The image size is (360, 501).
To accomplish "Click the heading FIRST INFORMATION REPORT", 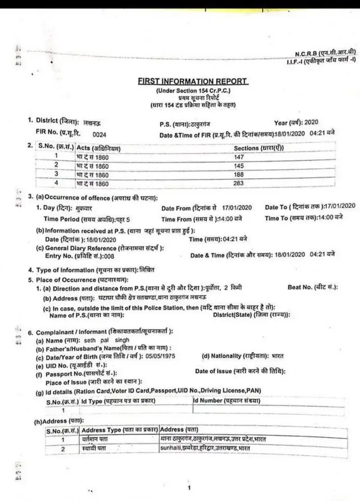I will (x=193, y=81).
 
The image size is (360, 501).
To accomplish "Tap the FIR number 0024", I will (x=99, y=135).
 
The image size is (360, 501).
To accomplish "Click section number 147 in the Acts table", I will (x=238, y=156).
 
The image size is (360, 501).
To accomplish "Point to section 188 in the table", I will (x=238, y=175).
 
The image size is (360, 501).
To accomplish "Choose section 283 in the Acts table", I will (x=238, y=184).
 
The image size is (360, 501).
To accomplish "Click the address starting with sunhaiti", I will (x=205, y=448).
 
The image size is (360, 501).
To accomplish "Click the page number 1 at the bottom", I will (x=190, y=487).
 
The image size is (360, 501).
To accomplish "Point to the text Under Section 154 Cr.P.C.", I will (x=193, y=91).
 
